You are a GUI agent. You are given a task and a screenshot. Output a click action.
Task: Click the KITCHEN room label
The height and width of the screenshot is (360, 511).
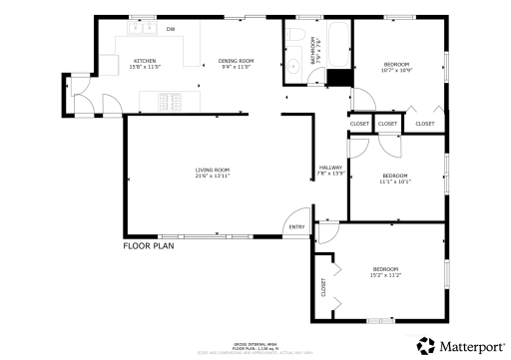point(145,61)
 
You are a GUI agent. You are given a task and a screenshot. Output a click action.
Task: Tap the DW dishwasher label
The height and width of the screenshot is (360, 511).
point(170,29)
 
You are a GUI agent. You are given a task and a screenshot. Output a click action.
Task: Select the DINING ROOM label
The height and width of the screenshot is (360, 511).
point(237,61)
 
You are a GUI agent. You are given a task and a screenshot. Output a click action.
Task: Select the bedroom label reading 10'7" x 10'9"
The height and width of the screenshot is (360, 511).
point(396,70)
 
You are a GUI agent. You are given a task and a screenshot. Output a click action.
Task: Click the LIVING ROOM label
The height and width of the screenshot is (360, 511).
point(213,171)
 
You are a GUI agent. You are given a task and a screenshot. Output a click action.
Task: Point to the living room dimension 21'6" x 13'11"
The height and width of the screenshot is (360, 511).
point(213,178)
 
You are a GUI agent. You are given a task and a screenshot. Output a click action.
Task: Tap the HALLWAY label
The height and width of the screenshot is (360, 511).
point(330,167)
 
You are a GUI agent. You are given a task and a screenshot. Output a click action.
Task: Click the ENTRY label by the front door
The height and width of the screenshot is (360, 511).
point(296,227)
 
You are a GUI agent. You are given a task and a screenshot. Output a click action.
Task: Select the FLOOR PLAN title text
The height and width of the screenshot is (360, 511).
point(149,244)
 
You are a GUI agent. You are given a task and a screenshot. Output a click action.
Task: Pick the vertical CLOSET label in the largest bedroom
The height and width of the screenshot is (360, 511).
point(323,286)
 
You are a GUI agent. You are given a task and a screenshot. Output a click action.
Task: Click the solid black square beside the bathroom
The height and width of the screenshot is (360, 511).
point(340,77)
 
